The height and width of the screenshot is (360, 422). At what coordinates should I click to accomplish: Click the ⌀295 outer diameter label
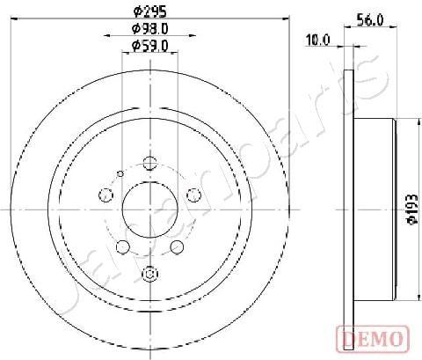(x=149, y=11)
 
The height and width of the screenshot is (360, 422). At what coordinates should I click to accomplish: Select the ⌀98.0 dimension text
(x=149, y=29)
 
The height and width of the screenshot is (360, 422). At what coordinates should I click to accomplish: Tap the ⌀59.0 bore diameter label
(x=149, y=46)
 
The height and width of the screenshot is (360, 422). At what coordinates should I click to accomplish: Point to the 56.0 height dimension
(x=370, y=20)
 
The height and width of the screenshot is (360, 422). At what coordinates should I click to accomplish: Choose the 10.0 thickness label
(x=317, y=40)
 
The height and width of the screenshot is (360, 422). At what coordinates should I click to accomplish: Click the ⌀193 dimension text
(x=413, y=209)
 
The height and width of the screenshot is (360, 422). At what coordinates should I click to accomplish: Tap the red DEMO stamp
(x=373, y=339)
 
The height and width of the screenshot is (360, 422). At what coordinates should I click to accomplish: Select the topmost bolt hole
(x=150, y=164)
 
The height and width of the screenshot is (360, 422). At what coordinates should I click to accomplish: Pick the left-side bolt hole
(x=105, y=195)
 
